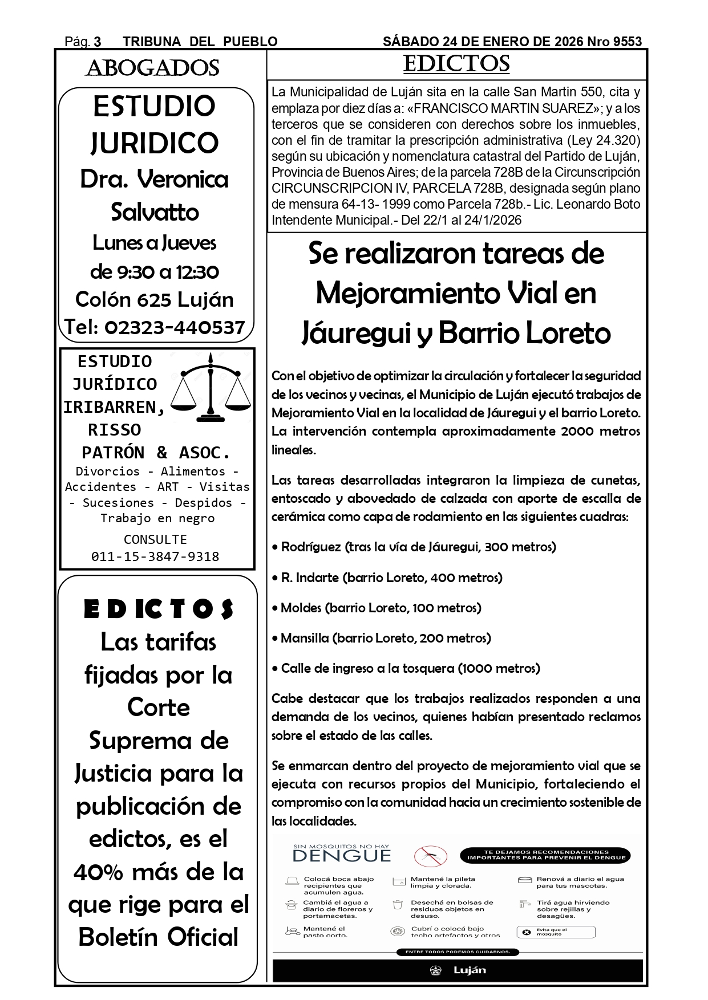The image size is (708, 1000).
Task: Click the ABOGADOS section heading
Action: [x=152, y=68]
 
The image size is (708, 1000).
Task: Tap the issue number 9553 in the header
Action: [x=627, y=42]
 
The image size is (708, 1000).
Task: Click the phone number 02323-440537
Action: [x=175, y=327]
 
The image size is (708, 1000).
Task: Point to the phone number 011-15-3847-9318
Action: [x=155, y=556]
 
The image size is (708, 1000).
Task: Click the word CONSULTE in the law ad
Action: [x=155, y=539]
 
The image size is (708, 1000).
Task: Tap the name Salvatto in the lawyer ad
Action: [x=155, y=212]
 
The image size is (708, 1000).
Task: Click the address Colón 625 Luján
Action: [x=155, y=299]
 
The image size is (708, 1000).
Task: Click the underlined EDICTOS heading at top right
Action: [x=456, y=63]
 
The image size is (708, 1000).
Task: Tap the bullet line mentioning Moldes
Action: [x=377, y=608]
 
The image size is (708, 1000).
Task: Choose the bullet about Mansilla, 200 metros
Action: [x=381, y=638]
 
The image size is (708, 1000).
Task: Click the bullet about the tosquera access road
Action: [x=406, y=668]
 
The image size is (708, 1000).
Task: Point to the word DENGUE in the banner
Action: [x=342, y=856]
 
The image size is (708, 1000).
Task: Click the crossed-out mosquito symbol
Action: [x=431, y=856]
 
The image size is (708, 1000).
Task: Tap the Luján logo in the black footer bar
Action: [x=459, y=970]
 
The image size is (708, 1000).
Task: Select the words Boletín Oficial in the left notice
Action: [x=158, y=937]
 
